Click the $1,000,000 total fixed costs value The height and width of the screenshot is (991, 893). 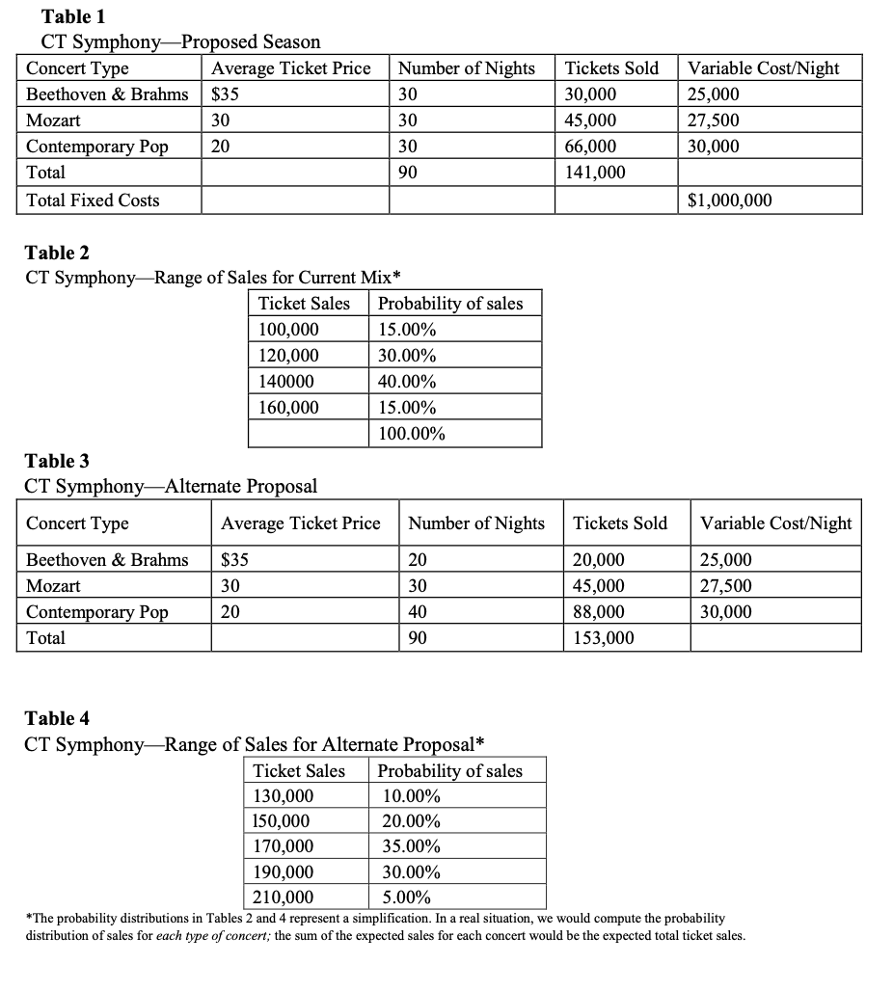point(729,201)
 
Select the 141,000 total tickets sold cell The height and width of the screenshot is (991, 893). point(594,173)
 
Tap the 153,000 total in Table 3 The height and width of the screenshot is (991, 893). point(604,637)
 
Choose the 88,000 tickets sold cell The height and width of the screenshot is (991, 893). point(599,612)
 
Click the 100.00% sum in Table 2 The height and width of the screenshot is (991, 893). point(412,434)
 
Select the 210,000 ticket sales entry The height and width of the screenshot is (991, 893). point(283,898)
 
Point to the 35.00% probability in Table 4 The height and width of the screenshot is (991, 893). point(412,846)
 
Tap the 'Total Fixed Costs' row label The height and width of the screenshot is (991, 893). point(93,201)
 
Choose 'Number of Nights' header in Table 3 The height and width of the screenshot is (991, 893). point(476,523)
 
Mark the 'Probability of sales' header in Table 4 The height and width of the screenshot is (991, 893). point(450,770)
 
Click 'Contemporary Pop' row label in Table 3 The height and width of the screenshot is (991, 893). point(96,612)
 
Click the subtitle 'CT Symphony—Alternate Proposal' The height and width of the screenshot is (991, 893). point(171,486)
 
